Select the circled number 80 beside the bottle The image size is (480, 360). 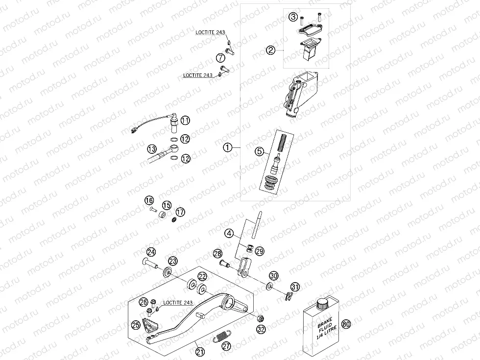pyautogui.click(x=347, y=324)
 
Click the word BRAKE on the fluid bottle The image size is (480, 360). pyautogui.click(x=324, y=325)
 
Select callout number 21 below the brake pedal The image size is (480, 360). pyautogui.click(x=199, y=351)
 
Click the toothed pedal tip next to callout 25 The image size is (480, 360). pyautogui.click(x=148, y=325)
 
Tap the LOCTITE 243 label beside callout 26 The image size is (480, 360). pyautogui.click(x=179, y=303)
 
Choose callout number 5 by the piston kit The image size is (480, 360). pyautogui.click(x=260, y=152)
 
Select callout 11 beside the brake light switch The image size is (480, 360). pyautogui.click(x=185, y=120)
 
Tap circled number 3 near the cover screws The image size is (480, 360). pyautogui.click(x=293, y=17)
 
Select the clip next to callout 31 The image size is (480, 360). pyautogui.click(x=289, y=295)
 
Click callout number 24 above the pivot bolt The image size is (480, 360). pyautogui.click(x=151, y=252)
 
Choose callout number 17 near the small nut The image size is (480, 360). pyautogui.click(x=181, y=212)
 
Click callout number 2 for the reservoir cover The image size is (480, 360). pyautogui.click(x=270, y=49)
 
